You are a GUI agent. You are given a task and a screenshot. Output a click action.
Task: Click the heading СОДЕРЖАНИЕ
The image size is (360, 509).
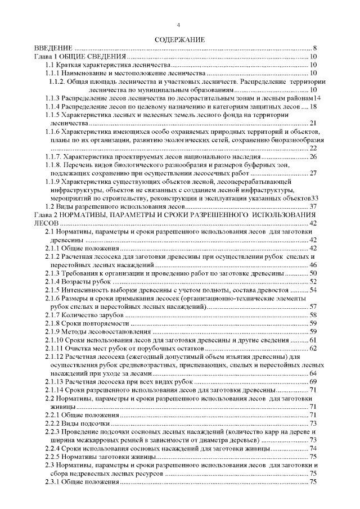(180, 40)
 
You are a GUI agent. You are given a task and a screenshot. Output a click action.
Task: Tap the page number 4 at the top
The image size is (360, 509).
(179, 25)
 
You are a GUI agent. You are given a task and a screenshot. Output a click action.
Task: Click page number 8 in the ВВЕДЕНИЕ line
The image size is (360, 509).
(316, 48)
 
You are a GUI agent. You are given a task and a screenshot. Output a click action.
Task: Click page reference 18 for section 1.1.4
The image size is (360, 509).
(314, 106)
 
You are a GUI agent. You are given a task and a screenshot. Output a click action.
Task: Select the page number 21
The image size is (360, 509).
(314, 123)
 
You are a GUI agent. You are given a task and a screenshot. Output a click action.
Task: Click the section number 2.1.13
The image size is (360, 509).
(55, 381)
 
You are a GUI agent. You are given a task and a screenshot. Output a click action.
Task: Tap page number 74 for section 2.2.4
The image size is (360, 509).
(314, 448)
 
